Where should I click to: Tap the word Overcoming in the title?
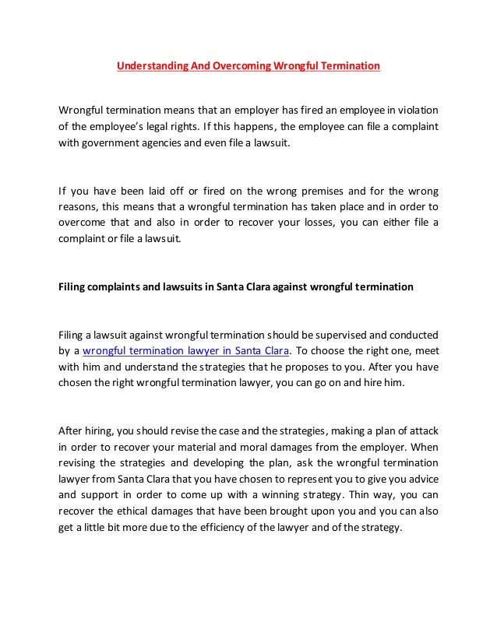[236, 66]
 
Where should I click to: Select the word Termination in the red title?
[347, 66]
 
